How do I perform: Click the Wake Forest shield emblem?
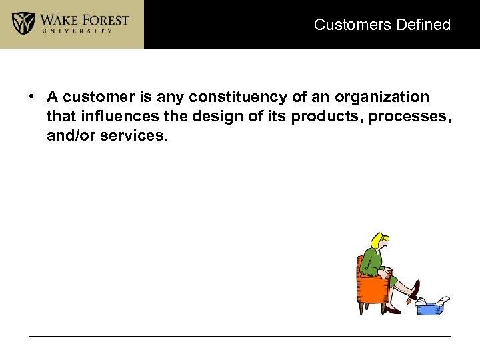[x=24, y=23]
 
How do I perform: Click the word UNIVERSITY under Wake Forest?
[x=85, y=31]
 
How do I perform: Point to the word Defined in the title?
[x=423, y=25]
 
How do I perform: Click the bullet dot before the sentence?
[x=32, y=97]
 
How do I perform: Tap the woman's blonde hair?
[x=381, y=240]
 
